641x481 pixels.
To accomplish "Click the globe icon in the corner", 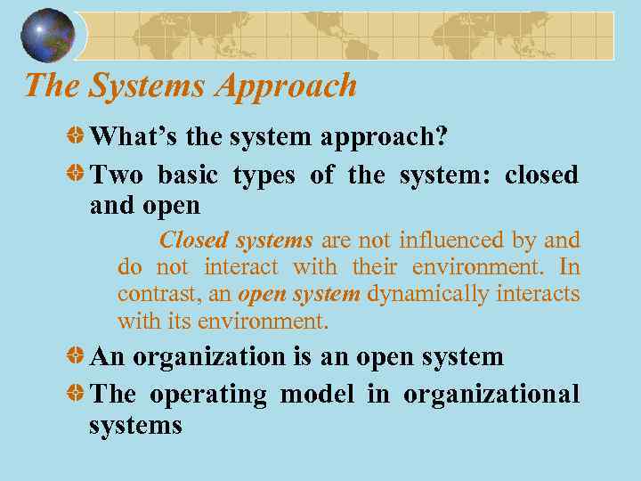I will pos(48,36).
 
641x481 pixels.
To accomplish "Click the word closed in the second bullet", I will pos(540,175).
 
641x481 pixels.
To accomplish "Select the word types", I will pos(264,176).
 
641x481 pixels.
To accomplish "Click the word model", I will pos(317,394).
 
